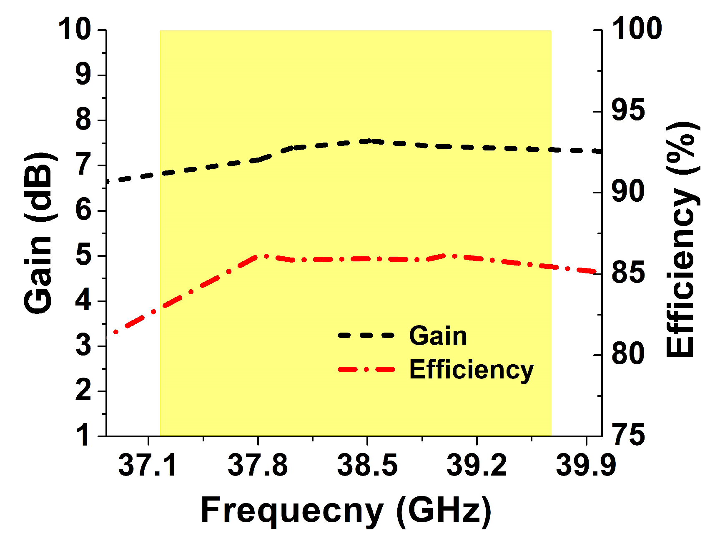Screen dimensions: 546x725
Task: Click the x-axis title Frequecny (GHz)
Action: tap(346, 511)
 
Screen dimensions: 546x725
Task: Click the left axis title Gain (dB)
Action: tap(38, 233)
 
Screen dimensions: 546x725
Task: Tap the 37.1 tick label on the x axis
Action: tap(148, 466)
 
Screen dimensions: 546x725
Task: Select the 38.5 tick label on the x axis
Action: tap(367, 466)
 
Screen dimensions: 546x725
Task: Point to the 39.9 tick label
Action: tap(586, 466)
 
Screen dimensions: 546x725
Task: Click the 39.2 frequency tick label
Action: tap(477, 466)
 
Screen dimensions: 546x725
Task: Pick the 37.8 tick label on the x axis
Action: tap(258, 466)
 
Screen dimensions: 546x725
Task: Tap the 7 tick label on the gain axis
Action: tap(83, 165)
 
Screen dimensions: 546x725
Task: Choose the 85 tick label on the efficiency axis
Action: tap(628, 273)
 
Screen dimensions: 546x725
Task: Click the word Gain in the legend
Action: tap(438, 336)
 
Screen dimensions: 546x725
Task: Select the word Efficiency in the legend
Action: tap(471, 370)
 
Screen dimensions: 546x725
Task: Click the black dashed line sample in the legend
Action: tap(366, 336)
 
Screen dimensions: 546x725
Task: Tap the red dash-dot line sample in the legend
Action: tap(366, 369)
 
